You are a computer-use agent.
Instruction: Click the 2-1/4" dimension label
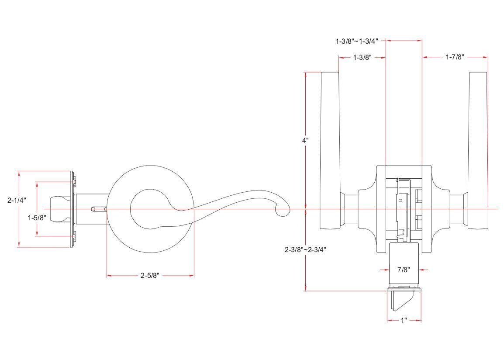(17, 201)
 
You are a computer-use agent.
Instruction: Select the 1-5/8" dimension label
(37, 218)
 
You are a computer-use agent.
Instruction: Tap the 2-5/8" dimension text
(150, 276)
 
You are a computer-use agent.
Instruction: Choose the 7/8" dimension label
(404, 270)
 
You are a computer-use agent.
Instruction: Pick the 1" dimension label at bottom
(404, 321)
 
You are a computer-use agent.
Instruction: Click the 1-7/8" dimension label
(454, 57)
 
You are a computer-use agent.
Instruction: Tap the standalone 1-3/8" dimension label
(362, 57)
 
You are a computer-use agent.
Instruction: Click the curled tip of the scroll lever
(283, 211)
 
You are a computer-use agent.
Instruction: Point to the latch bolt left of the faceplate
(59, 209)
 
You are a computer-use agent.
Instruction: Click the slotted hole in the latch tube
(97, 209)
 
